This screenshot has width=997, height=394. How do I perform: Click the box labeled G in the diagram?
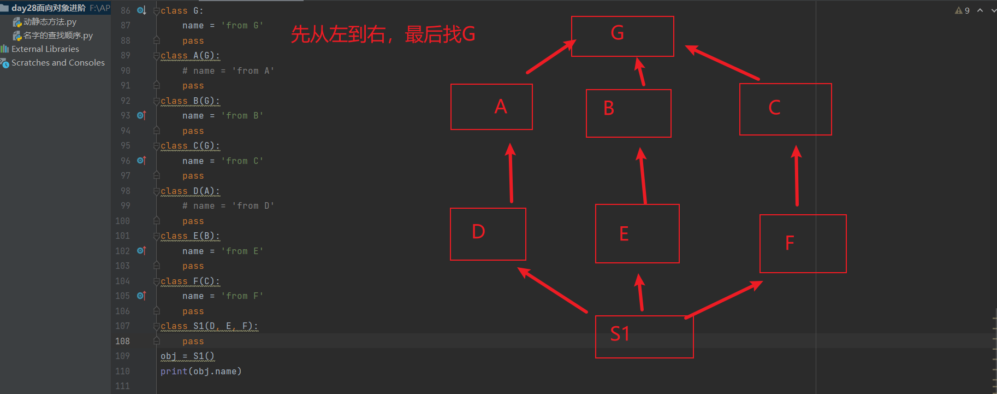coord(622,36)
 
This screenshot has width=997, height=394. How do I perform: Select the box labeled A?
coord(491,107)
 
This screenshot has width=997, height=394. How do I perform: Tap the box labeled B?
coord(628,113)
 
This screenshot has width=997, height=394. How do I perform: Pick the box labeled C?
coord(785,109)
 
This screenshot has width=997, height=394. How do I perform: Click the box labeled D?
coord(488,234)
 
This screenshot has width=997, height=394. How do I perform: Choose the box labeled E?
coord(637,233)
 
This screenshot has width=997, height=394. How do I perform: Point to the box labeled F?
coord(803,243)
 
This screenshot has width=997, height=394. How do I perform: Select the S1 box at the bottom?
coord(644,337)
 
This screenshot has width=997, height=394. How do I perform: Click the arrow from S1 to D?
coord(553,290)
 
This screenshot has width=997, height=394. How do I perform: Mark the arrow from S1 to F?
coord(724,299)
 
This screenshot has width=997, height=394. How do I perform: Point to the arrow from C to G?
coord(722,63)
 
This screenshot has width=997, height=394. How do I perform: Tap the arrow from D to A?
coord(511,173)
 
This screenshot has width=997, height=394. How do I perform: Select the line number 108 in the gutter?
coord(122,341)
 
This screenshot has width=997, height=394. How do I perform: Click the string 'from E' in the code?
coord(242,251)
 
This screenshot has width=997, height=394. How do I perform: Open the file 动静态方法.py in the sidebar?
coord(50,22)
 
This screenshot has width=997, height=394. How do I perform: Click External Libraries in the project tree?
coord(45,49)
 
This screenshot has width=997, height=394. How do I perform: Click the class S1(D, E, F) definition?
coord(209,326)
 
